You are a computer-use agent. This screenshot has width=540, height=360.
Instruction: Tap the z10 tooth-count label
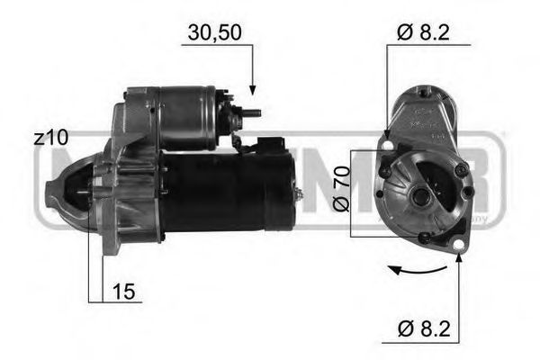click(51, 138)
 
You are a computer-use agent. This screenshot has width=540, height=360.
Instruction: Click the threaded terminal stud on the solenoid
click(254, 112)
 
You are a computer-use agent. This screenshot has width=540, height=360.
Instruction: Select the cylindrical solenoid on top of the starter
click(184, 117)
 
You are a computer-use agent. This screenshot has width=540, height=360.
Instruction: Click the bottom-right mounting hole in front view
click(459, 245)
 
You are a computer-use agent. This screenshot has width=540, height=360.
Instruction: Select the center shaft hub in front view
click(420, 193)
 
